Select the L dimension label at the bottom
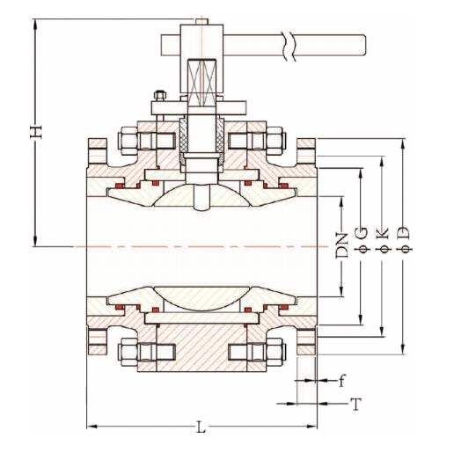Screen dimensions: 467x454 [x=201, y=427]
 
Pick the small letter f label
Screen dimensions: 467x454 [x=342, y=381]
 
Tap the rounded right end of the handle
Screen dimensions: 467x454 [x=362, y=44]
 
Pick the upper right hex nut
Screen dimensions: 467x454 [x=275, y=140]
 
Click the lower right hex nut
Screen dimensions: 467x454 [x=275, y=351]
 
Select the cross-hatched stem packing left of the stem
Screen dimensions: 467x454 [x=187, y=141]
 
